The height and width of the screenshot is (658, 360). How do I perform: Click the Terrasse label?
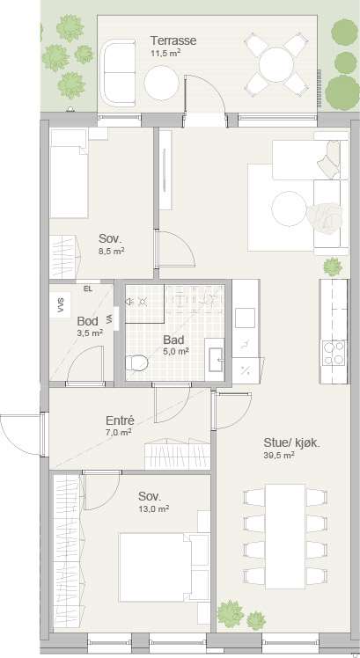173,41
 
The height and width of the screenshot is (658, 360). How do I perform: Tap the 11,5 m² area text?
165,54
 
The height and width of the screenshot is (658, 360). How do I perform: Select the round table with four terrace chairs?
276,65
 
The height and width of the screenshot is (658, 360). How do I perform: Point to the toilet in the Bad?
137,362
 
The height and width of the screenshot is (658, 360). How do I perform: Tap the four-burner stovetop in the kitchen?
334,353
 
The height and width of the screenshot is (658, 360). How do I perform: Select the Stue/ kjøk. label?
292,442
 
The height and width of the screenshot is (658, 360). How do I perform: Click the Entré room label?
120,420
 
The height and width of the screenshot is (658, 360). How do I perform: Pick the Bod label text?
88,321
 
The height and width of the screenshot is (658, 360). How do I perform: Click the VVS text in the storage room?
59,304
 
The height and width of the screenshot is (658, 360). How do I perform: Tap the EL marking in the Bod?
88,289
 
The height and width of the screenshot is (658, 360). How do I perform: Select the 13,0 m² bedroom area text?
154,508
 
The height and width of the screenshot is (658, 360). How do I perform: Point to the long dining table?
285,537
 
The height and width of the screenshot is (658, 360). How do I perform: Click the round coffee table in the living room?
289,208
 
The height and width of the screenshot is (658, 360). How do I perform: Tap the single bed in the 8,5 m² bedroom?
69,173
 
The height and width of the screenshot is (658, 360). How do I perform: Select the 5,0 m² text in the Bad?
176,351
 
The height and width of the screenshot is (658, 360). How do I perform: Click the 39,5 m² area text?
279,455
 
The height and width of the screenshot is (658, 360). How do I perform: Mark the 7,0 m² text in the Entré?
119,432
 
